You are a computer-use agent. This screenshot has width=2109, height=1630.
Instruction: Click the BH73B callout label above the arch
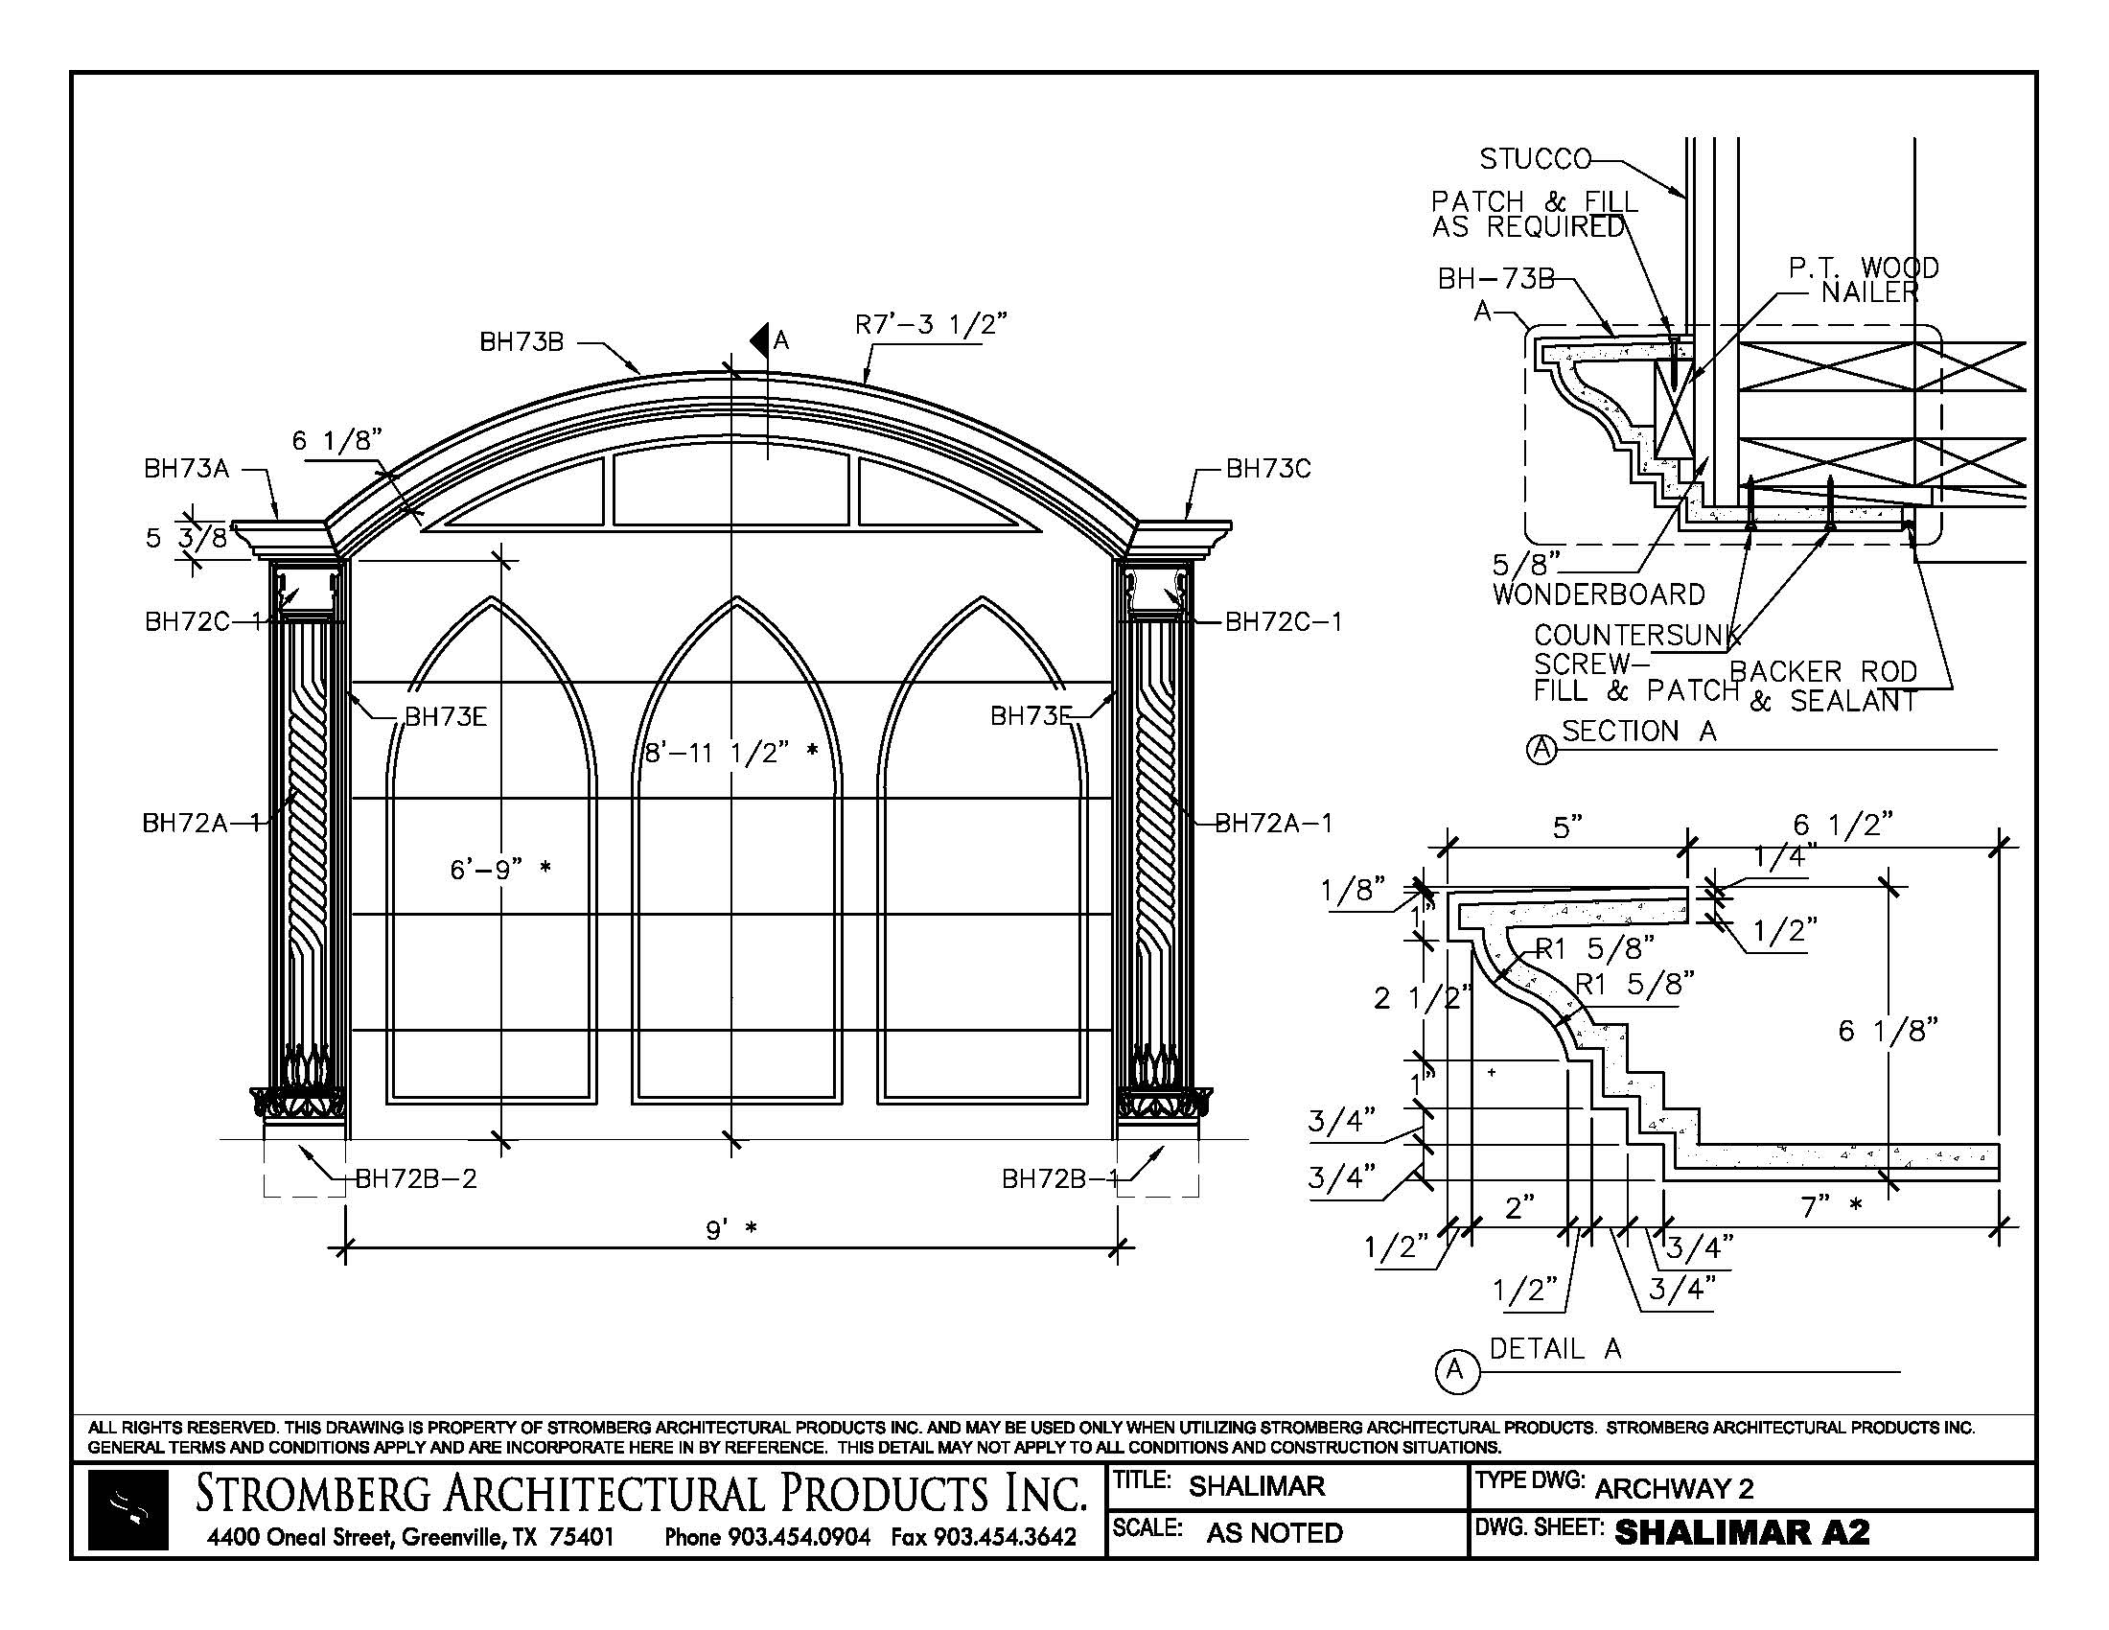[x=521, y=342]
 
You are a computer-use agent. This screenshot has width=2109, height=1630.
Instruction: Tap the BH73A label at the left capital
[x=186, y=469]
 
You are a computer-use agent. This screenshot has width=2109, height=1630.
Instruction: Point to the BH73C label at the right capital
[x=1268, y=469]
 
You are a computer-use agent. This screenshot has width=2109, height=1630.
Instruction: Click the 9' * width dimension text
[x=730, y=1230]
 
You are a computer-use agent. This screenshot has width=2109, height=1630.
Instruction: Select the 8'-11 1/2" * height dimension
[x=731, y=753]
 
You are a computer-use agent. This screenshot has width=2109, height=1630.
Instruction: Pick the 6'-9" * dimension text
[x=500, y=869]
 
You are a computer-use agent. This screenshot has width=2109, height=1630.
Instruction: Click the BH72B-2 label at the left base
[x=415, y=1179]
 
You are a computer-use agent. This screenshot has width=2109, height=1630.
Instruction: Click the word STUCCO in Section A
[x=1536, y=158]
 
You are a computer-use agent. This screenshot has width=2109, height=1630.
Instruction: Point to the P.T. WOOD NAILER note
[x=1864, y=280]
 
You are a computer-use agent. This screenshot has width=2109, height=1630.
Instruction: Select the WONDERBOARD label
[x=1598, y=594]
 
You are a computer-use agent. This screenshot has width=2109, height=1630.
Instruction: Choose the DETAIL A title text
[x=1555, y=1349]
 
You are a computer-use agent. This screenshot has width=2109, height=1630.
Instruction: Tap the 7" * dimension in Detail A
[x=1831, y=1206]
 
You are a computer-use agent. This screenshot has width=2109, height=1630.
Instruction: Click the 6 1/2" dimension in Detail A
[x=1842, y=825]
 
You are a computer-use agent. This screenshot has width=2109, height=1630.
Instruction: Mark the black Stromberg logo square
[x=128, y=1510]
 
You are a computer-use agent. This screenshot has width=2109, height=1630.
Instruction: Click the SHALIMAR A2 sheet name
[x=1742, y=1532]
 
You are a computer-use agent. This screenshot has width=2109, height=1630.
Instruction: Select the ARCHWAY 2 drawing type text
[x=1674, y=1488]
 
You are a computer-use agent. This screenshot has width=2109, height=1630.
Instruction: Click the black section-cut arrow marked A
[x=759, y=338]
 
